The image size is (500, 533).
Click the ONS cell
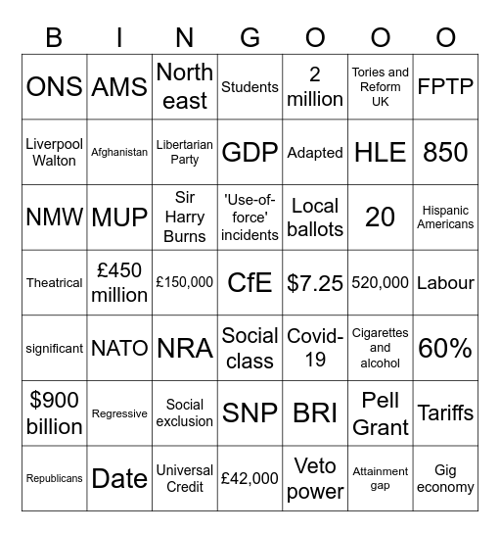pyautogui.click(x=54, y=86)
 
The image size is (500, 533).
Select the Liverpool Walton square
pyautogui.click(x=54, y=152)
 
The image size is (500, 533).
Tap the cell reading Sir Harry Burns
pyautogui.click(x=185, y=217)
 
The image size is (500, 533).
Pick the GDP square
pyautogui.click(x=250, y=152)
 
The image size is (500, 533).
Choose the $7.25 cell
pyautogui.click(x=315, y=282)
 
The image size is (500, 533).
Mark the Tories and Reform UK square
pyautogui.click(x=381, y=86)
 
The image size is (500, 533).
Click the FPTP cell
pyautogui.click(x=445, y=86)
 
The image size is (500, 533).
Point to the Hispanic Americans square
pyautogui.click(x=445, y=217)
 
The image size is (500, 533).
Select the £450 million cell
pyautogui.click(x=119, y=282)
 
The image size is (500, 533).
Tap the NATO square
pyautogui.click(x=119, y=348)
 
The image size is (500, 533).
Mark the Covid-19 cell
pyautogui.click(x=315, y=348)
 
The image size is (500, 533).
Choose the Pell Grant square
pyautogui.click(x=381, y=412)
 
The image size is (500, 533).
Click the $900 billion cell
pyautogui.click(x=54, y=412)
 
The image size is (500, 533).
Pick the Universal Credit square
pyautogui.click(x=185, y=478)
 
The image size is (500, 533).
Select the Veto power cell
pyautogui.click(x=315, y=478)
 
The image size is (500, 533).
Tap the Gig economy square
pyautogui.click(x=445, y=478)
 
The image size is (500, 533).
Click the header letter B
pyautogui.click(x=54, y=37)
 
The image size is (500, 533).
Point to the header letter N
pyautogui.click(x=185, y=37)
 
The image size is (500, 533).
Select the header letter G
pyautogui.click(x=250, y=37)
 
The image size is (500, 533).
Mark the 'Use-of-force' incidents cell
pyautogui.click(x=250, y=217)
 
